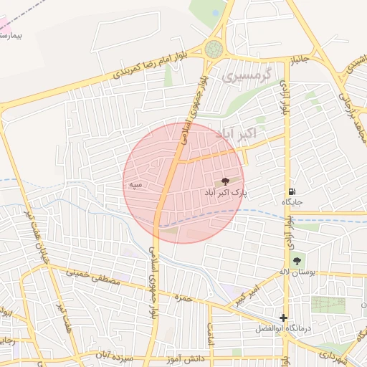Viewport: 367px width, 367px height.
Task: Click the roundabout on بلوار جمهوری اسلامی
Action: point(213,49)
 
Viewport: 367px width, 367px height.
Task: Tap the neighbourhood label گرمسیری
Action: point(247,75)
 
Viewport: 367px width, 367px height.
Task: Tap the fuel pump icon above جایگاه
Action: point(292,191)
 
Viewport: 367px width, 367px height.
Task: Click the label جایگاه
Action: point(292,203)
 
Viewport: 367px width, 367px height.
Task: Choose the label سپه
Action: point(133,185)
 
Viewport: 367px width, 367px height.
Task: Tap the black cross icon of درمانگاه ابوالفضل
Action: point(284,318)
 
